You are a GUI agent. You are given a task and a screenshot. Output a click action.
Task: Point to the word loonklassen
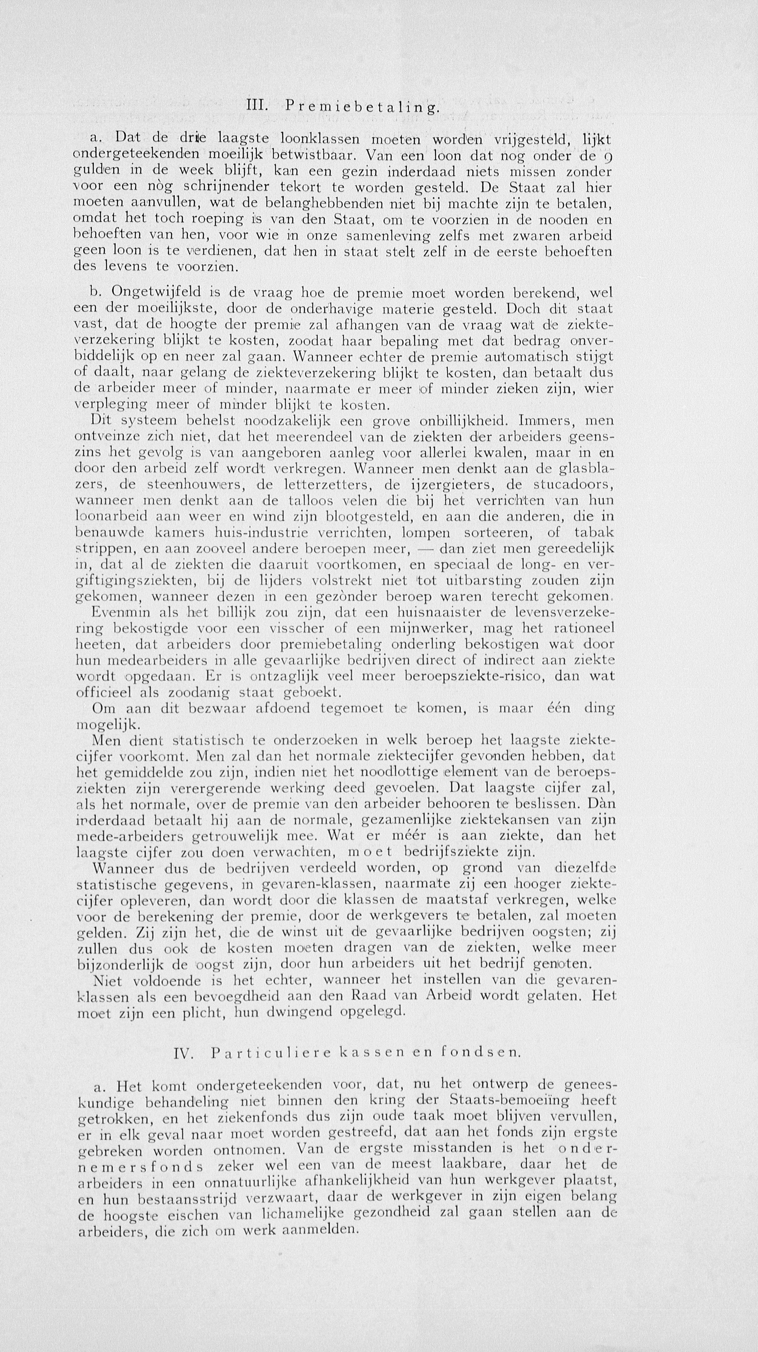coord(320,140)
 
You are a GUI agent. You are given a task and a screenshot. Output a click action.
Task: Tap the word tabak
coord(594,532)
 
